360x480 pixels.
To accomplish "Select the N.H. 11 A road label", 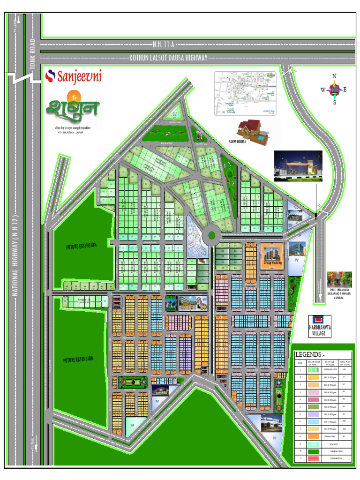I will (x=163, y=45).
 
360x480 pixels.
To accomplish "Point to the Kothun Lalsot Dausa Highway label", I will (x=168, y=58).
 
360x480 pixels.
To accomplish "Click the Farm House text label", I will (x=237, y=141).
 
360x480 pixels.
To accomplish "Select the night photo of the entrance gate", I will (x=298, y=166).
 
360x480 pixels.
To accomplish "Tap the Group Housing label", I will (x=272, y=264).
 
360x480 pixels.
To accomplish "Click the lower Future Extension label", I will (x=78, y=360).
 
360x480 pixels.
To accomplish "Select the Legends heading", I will (x=308, y=354).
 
